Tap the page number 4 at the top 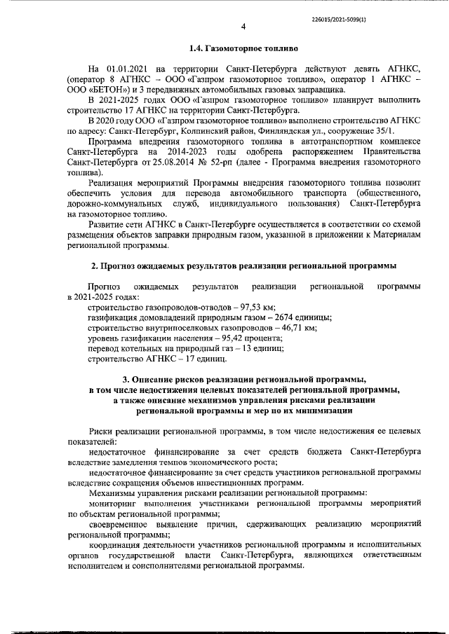243,27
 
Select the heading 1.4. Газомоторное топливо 243,50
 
